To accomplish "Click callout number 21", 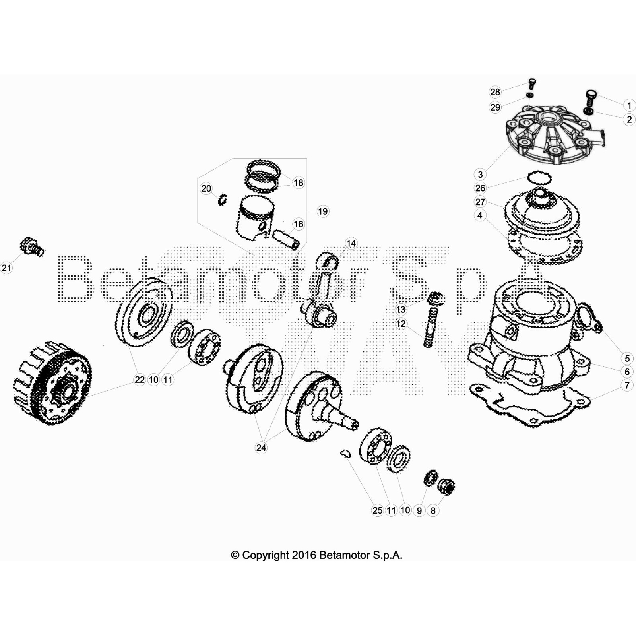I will pos(6,268).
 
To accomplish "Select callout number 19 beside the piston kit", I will pos(323,211).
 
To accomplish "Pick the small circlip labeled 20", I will pos(222,199).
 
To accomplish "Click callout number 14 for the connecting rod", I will pos(351,243).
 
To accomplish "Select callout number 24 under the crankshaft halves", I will pos(261,448).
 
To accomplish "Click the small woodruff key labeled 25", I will pos(345,453).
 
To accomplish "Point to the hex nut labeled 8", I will pos(446,486).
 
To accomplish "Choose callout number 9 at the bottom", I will pos(419,510).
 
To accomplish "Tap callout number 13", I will pos(401,309).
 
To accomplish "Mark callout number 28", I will pos(495,92).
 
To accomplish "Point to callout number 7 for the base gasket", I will pos(627,385).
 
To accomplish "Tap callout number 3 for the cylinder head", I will pos(480,175).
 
